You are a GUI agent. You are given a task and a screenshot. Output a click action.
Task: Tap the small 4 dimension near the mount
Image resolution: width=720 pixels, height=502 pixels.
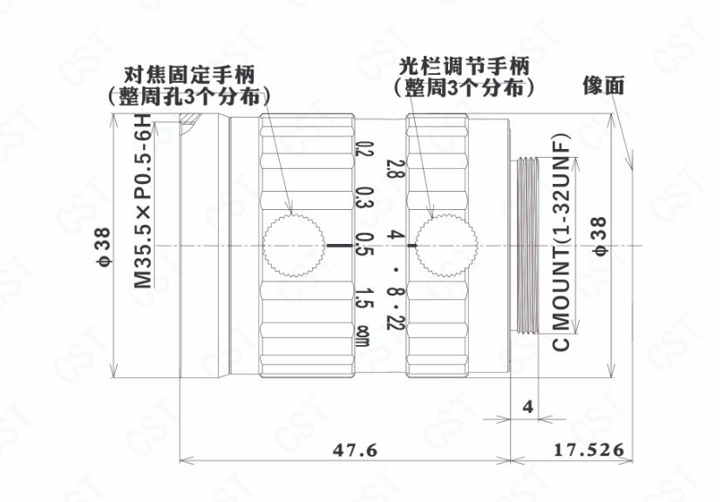527,406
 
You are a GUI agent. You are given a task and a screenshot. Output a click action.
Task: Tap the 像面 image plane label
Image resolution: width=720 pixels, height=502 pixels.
604,85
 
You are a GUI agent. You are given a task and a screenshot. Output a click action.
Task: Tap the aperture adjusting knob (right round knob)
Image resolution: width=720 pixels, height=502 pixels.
445,244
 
